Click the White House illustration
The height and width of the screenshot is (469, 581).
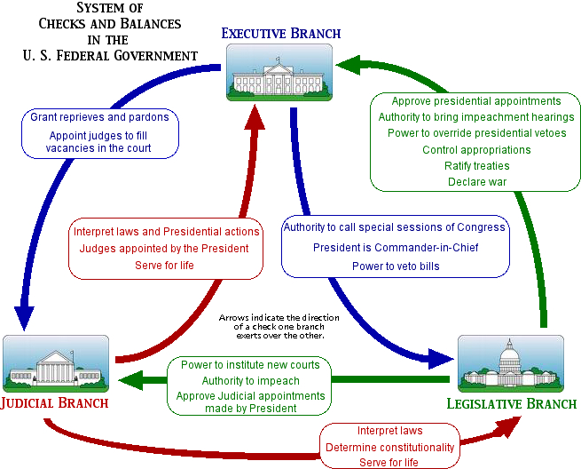pyautogui.click(x=280, y=70)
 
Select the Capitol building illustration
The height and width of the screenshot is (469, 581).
pyautogui.click(x=510, y=364)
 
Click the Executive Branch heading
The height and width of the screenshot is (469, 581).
pyautogui.click(x=281, y=34)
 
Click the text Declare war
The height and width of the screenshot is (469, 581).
pyautogui.click(x=476, y=182)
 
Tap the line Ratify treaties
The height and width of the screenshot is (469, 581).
pyautogui.click(x=476, y=166)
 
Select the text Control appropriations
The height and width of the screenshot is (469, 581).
pyautogui.click(x=476, y=150)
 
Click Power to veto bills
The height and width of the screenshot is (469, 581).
pyautogui.click(x=396, y=264)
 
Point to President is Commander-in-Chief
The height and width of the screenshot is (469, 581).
pyautogui.click(x=396, y=247)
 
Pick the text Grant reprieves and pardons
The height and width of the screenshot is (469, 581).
pyautogui.click(x=99, y=117)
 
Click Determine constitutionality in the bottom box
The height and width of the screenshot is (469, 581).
pyautogui.click(x=390, y=447)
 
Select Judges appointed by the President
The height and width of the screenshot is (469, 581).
pyautogui.click(x=165, y=248)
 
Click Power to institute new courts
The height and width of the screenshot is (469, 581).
pyautogui.click(x=250, y=365)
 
